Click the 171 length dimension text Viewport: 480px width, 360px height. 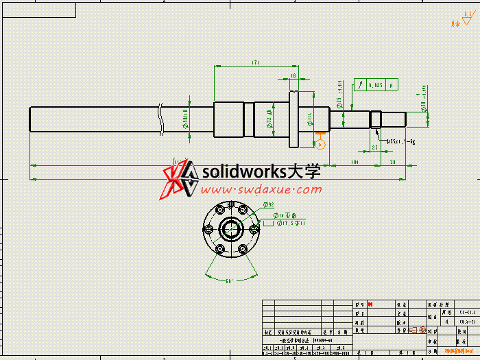pyautogui.click(x=254, y=63)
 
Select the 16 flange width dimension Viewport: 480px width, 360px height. pyautogui.click(x=293, y=75)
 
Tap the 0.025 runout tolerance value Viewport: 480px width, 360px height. pyautogui.click(x=375, y=85)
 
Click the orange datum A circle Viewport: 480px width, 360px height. pyautogui.click(x=319, y=144)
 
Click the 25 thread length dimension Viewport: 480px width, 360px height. pyautogui.click(x=374, y=147)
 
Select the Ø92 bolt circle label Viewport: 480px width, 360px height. pyautogui.click(x=269, y=204)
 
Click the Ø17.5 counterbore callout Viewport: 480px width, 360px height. pyautogui.click(x=291, y=223)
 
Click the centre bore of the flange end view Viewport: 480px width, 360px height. pyautogui.click(x=231, y=228)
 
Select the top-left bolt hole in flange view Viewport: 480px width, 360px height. pyautogui.click(x=219, y=208)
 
